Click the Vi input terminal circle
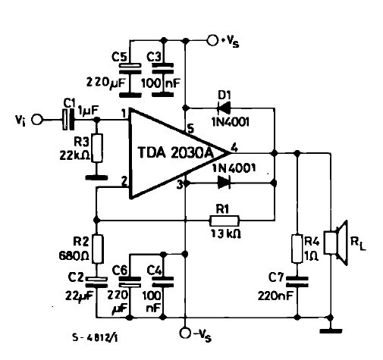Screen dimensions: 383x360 pos(37,119)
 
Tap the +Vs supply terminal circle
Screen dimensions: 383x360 pos(212,40)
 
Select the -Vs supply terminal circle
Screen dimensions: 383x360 pos(185,333)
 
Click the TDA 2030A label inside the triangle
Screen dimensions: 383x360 pos(176,152)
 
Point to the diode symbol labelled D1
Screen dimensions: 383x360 pos(224,108)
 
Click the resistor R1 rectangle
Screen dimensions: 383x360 pos(224,221)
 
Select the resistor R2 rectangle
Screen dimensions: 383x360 pos(97,249)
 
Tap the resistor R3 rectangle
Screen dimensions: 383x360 pos(97,148)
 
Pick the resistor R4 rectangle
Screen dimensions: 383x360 pos(297,249)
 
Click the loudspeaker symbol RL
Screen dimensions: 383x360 pos(336,243)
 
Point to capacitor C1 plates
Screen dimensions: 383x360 pos(68,119)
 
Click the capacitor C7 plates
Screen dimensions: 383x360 pos(297,282)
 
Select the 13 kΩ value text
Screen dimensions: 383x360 pos(226,233)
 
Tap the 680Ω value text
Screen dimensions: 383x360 pos(74,256)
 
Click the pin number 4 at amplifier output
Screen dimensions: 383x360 pos(234,148)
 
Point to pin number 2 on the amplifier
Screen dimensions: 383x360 pos(124,181)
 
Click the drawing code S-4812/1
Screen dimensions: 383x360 pos(95,337)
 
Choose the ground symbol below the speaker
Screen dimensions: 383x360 pos(331,330)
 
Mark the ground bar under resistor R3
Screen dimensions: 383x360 pos(97,177)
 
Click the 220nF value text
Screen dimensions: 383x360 pos(275,296)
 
